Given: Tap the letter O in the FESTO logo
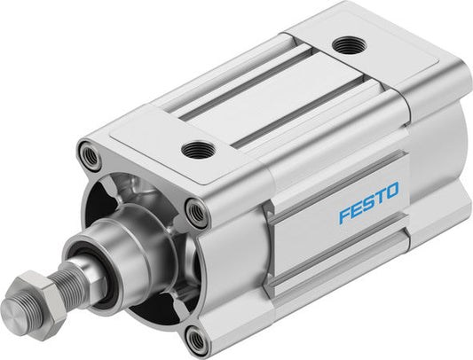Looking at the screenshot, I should coord(393,191).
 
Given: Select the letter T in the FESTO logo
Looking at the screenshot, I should coord(382,197).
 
